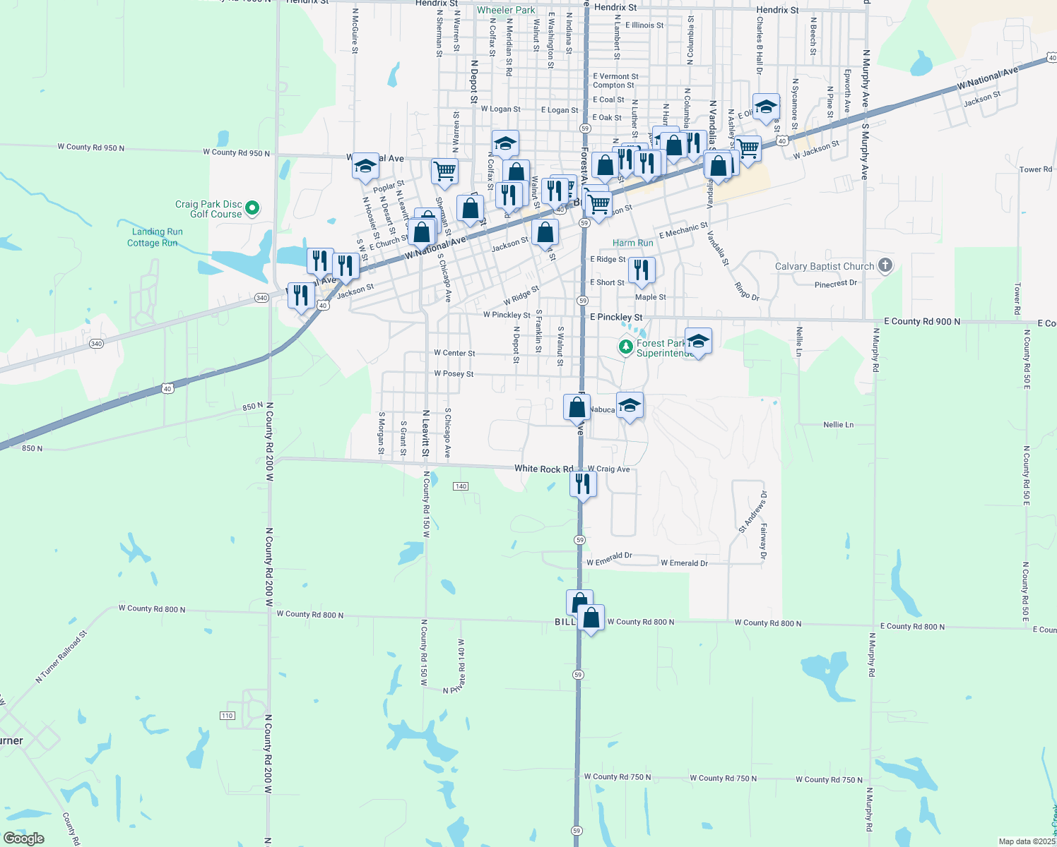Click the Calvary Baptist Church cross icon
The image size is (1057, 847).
click(x=885, y=266)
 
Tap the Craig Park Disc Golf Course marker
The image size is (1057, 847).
click(x=252, y=208)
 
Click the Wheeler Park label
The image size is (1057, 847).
click(x=506, y=10)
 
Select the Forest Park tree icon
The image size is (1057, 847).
click(x=625, y=347)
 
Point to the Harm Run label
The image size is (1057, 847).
click(x=632, y=243)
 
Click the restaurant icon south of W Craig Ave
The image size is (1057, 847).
click(x=582, y=483)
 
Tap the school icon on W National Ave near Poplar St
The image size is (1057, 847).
click(x=365, y=167)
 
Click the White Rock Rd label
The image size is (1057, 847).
click(x=543, y=469)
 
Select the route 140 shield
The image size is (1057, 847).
click(x=461, y=486)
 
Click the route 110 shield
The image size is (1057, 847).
click(x=227, y=716)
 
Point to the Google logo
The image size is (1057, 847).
click(x=24, y=839)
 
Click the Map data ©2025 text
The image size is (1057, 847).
click(x=1026, y=841)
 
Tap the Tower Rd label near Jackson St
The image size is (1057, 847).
click(x=1035, y=169)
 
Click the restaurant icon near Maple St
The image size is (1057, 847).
click(x=642, y=270)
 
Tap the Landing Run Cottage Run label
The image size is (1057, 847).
click(x=155, y=237)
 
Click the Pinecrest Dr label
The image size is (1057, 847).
click(x=835, y=284)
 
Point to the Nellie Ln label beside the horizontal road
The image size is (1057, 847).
click(x=838, y=425)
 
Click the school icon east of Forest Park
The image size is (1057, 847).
click(x=698, y=342)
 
